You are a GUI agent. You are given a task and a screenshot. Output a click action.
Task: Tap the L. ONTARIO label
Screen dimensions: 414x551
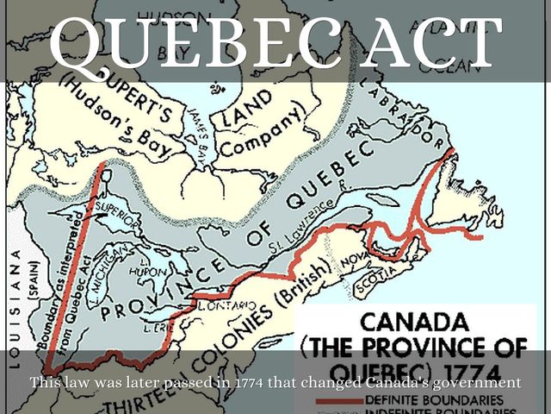(222, 304)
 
